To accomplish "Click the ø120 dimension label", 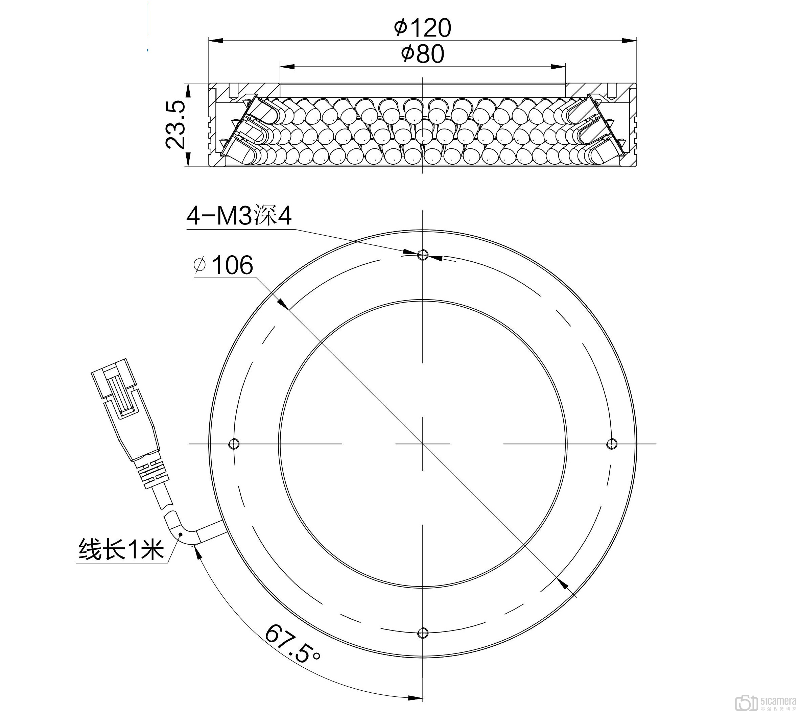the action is click(x=422, y=28).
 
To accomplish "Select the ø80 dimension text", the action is click(x=422, y=54).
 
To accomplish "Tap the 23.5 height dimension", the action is click(x=175, y=124).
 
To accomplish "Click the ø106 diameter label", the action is click(x=223, y=265).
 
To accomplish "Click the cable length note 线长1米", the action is click(x=121, y=549).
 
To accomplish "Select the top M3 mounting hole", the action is click(x=423, y=255).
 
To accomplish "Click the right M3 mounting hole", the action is click(x=612, y=444).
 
